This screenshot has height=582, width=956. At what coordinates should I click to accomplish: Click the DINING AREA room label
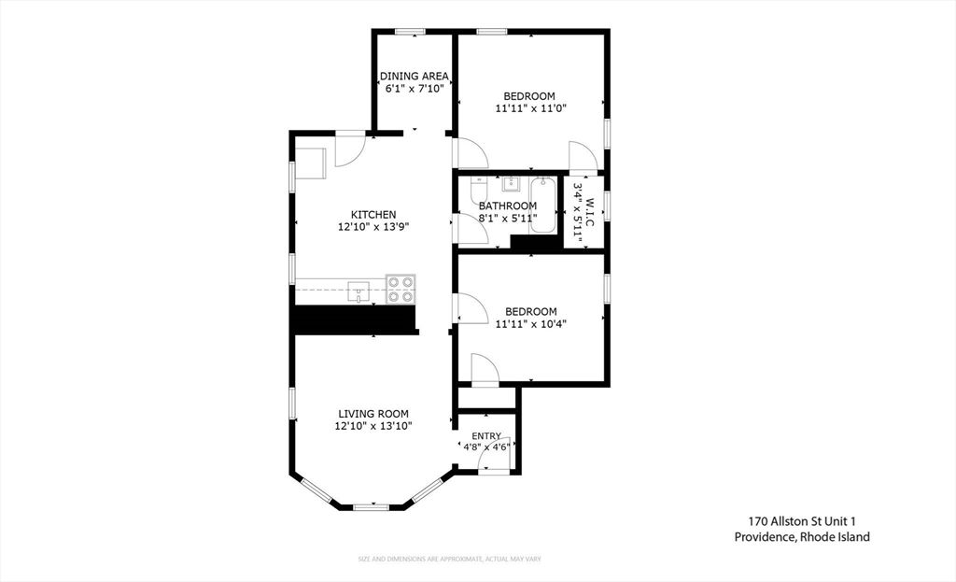[415, 76]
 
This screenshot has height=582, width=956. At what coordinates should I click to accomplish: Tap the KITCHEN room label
[373, 214]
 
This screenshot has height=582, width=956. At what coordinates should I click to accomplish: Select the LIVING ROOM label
[373, 414]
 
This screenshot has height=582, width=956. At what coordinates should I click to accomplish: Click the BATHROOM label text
[508, 206]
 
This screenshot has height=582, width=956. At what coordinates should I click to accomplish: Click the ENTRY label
[486, 435]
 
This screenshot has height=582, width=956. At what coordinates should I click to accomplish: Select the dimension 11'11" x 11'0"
[530, 108]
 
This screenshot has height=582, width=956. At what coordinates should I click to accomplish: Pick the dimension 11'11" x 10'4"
[530, 324]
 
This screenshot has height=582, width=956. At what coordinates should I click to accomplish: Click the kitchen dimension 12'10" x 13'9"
[373, 226]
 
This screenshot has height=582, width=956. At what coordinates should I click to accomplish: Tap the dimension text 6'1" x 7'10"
[415, 89]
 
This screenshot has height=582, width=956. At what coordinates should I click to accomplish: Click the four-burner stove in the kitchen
[401, 290]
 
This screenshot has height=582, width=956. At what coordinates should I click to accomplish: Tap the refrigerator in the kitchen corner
[310, 162]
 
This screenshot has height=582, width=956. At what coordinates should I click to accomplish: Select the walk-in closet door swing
[582, 156]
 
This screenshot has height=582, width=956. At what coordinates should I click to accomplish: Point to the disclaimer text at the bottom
[450, 559]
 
